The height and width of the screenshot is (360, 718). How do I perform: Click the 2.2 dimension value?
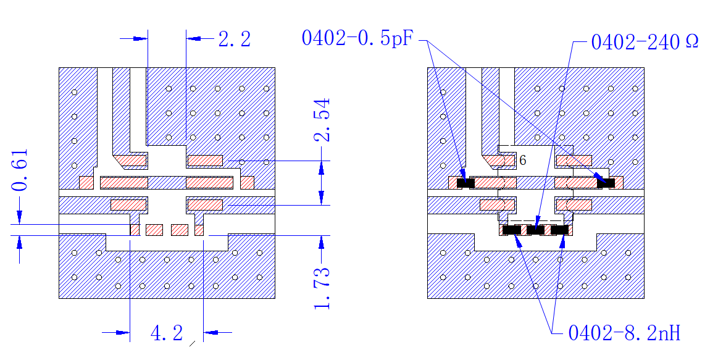point(235,40)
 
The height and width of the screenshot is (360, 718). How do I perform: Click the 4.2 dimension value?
point(167,333)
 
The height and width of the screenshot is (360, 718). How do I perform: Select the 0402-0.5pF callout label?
point(357,38)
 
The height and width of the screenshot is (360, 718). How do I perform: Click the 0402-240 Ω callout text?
point(645,42)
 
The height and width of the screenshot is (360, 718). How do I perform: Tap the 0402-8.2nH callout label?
point(624,333)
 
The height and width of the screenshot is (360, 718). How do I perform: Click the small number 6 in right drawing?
point(523,161)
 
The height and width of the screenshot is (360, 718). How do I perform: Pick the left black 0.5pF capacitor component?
point(465,183)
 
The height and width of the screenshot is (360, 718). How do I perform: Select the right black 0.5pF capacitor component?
point(606,183)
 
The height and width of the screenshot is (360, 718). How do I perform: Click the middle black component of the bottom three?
point(535,230)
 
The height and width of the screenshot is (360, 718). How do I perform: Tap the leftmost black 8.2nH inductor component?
point(511,230)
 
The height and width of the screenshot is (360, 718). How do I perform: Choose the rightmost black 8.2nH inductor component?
point(559,230)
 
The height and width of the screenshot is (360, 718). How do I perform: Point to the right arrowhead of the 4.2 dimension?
point(211,332)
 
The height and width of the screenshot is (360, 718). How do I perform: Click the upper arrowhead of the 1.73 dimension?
point(322,242)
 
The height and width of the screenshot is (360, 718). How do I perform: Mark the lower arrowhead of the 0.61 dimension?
point(20,242)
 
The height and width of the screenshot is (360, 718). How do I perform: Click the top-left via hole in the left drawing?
point(74,92)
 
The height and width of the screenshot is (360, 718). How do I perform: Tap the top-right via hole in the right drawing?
point(635,88)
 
